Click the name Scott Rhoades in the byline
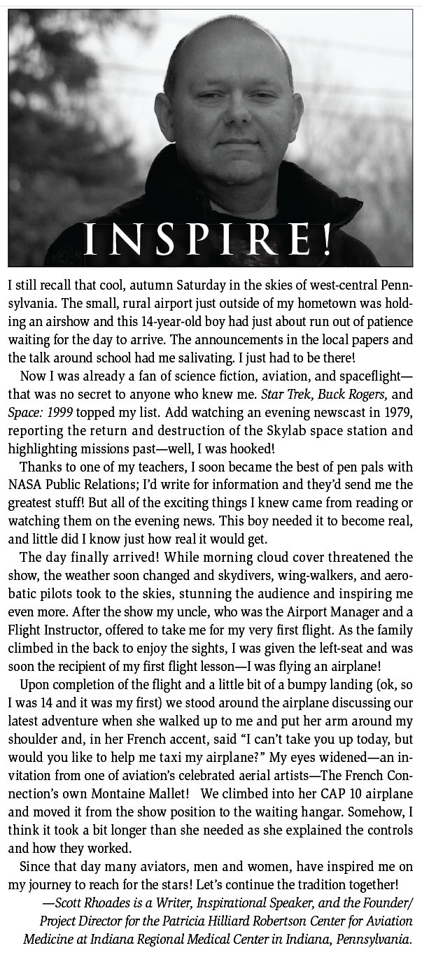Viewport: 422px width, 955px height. [93, 903]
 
